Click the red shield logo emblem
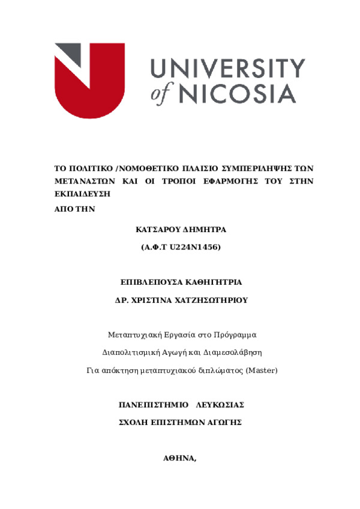[90, 84]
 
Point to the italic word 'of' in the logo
[162, 94]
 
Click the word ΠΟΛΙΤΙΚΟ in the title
[88, 168]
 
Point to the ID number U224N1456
[197, 246]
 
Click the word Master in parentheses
[261, 370]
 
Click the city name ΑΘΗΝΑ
[179, 457]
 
